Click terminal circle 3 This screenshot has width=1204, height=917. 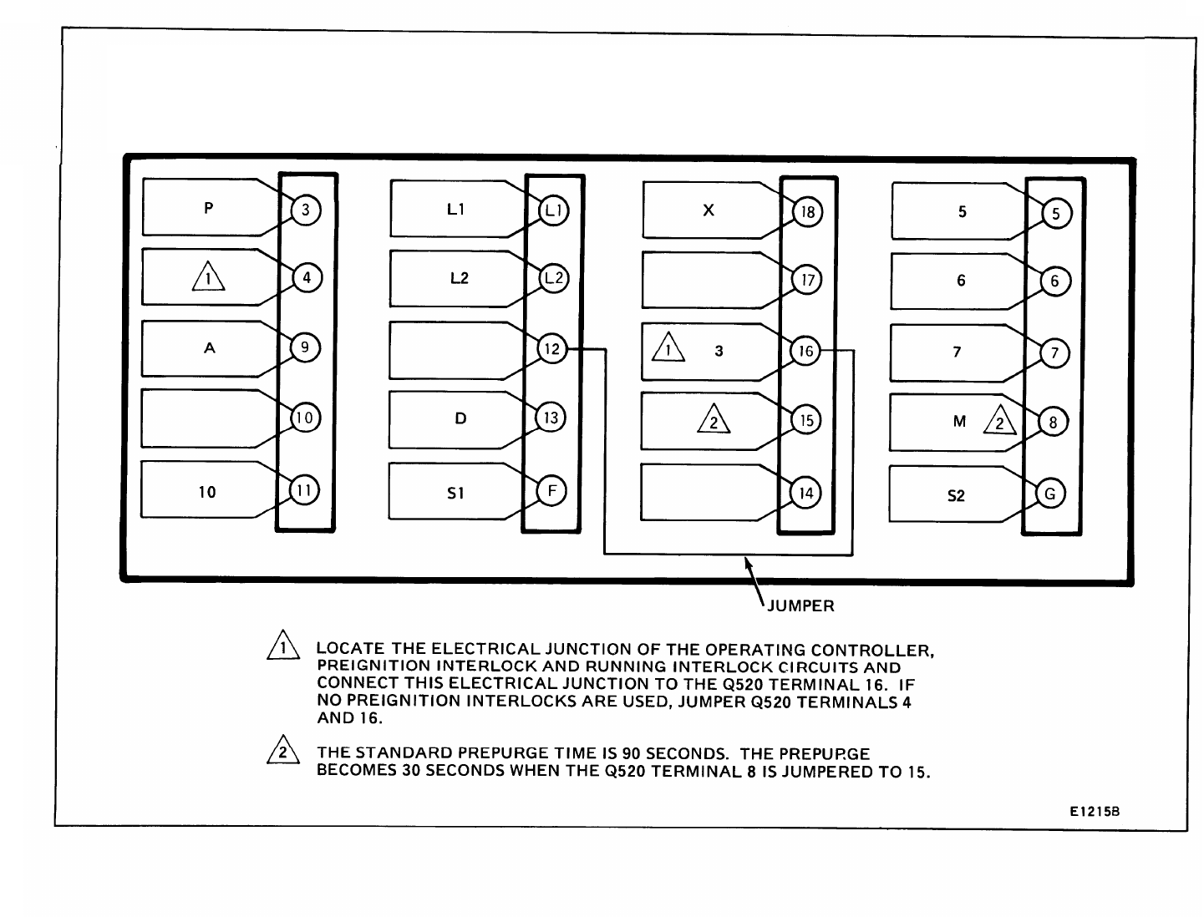click(x=306, y=210)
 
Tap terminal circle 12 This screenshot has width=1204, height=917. click(x=552, y=349)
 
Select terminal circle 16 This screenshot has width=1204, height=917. click(x=805, y=352)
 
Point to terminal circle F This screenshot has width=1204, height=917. click(x=551, y=490)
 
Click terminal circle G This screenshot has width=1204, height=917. click(x=1050, y=494)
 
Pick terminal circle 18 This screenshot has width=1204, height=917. click(x=807, y=212)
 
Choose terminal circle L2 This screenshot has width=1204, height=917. click(x=552, y=278)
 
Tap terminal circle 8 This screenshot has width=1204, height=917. click(x=1053, y=423)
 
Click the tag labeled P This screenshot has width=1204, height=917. click(x=208, y=208)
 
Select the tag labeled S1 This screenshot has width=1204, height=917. click(x=455, y=493)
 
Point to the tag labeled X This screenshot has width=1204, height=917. click(x=709, y=210)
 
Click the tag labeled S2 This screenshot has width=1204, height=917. click(x=956, y=496)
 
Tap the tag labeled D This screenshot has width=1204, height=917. click(x=460, y=418)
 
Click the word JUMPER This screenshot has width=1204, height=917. click(x=800, y=606)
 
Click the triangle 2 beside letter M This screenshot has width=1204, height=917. click(x=1000, y=422)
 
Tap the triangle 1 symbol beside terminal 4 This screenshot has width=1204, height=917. click(x=208, y=276)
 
